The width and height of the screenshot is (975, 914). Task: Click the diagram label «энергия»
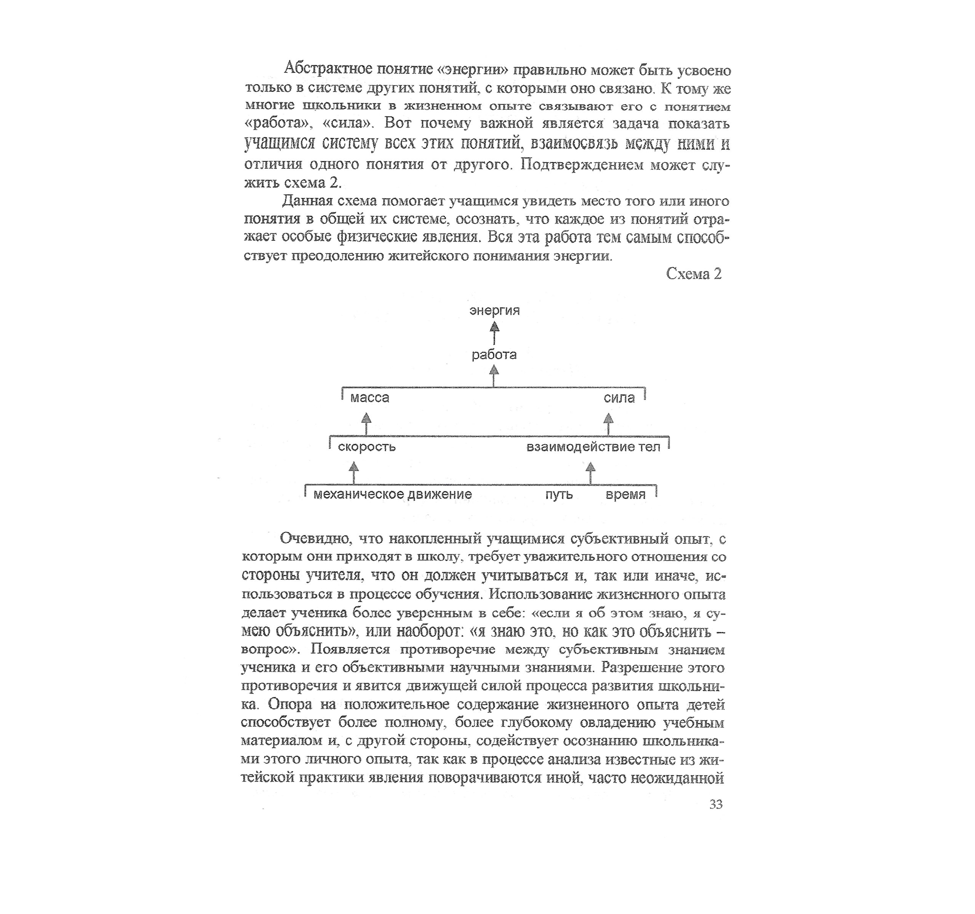click(494, 310)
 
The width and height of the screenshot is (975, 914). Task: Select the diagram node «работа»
click(494, 355)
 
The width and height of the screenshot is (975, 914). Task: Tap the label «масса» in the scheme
click(370, 398)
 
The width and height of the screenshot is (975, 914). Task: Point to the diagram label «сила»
click(619, 398)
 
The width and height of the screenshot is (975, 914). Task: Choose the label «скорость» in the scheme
click(367, 447)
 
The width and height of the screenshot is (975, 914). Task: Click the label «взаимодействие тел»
click(593, 447)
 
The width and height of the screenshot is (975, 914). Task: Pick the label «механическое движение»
click(392, 494)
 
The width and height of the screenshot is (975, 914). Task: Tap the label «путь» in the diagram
click(559, 494)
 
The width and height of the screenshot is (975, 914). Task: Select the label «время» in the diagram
click(625, 494)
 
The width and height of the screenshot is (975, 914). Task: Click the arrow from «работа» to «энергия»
click(494, 332)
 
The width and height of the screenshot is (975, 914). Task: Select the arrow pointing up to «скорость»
click(353, 472)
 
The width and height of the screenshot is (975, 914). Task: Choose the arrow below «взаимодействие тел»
click(590, 472)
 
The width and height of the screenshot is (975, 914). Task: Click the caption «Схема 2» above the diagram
click(694, 273)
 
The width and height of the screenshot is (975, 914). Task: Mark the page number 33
click(716, 805)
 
